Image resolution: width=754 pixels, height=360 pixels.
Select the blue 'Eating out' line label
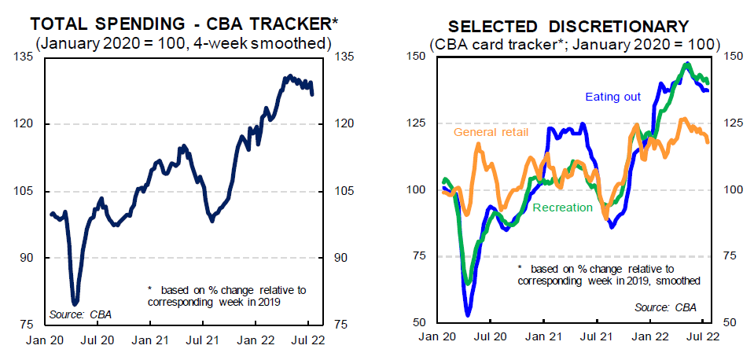[612, 97]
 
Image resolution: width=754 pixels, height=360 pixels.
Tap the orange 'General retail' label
[491, 132]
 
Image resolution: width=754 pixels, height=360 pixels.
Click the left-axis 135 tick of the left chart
[25, 57]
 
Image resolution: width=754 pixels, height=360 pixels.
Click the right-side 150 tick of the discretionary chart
[733, 56]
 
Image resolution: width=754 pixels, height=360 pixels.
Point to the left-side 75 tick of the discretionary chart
[418, 256]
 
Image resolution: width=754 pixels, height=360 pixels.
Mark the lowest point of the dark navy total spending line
[75, 303]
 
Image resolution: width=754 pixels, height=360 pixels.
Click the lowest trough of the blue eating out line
[468, 314]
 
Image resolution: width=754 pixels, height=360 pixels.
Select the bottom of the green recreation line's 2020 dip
[469, 283]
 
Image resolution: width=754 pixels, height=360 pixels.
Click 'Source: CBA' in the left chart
[80, 314]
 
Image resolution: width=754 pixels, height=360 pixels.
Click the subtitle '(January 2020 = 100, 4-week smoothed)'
[184, 42]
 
